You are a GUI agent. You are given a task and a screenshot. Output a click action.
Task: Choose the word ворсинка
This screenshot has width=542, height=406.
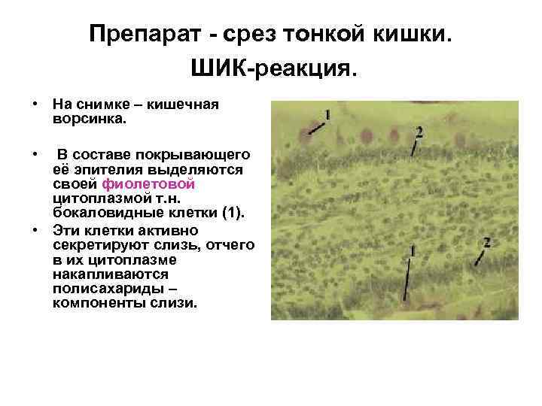(x=90, y=119)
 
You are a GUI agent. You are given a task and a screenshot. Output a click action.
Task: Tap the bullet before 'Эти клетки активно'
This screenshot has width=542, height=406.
(x=35, y=227)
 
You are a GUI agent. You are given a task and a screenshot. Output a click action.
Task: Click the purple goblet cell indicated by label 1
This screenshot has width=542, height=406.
(x=304, y=135)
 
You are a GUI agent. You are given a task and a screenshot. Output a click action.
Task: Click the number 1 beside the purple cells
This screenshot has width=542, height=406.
(x=328, y=114)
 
